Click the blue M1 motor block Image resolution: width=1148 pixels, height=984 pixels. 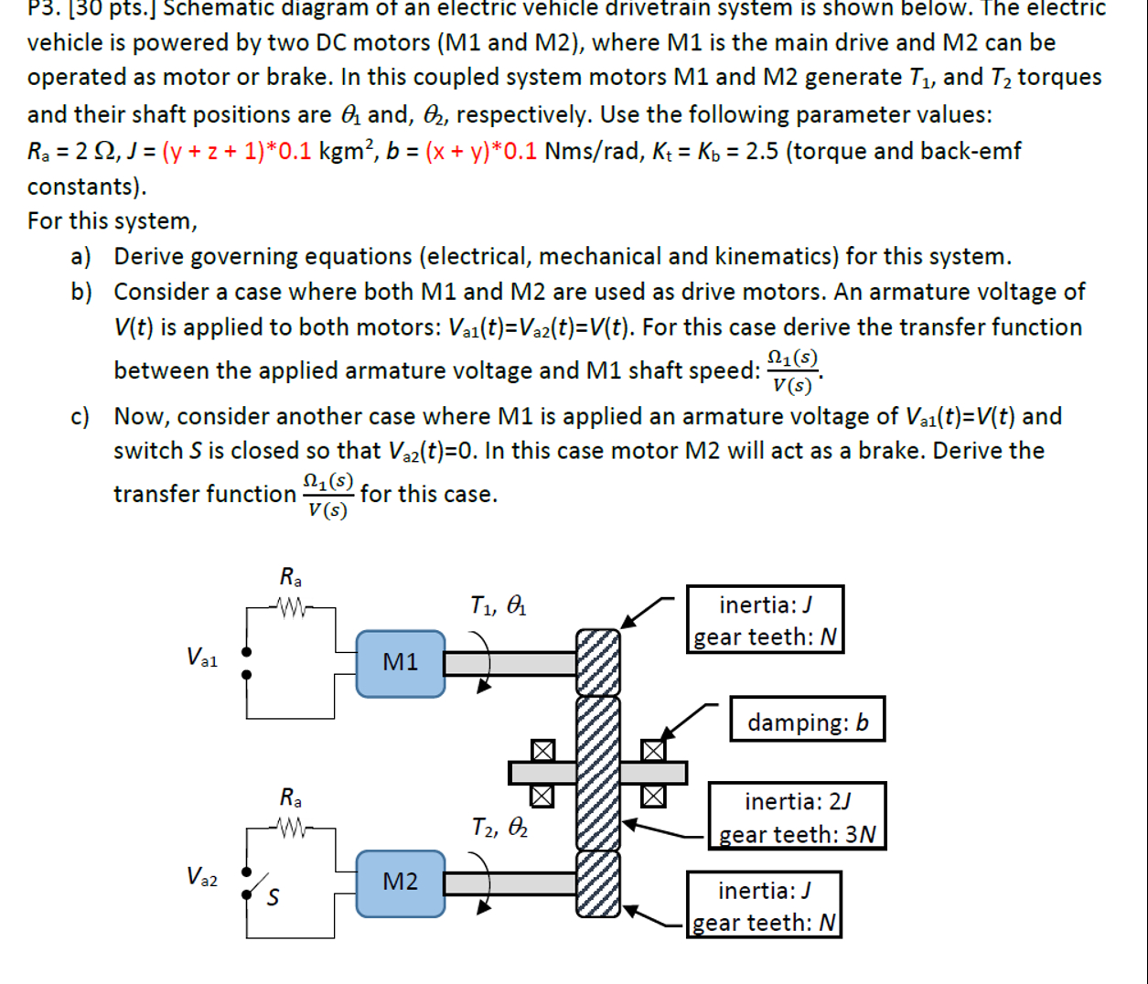click(x=401, y=663)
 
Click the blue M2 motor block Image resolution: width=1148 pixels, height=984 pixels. click(x=401, y=882)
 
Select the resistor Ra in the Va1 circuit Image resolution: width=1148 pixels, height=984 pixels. click(x=290, y=605)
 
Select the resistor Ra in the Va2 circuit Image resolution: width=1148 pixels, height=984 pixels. click(x=290, y=828)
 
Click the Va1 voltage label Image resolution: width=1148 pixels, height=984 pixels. click(x=202, y=658)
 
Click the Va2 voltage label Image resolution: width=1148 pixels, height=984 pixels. click(x=202, y=877)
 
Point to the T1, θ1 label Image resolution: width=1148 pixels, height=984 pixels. click(x=499, y=605)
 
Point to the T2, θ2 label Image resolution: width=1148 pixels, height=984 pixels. click(x=499, y=828)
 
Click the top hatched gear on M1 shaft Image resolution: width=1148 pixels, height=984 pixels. click(x=597, y=662)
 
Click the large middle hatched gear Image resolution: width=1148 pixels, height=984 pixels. click(x=597, y=773)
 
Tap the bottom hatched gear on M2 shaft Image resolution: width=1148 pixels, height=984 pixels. click(x=597, y=883)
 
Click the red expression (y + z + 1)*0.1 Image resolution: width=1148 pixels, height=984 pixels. click(x=237, y=151)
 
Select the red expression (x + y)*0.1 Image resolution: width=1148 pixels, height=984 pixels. click(x=481, y=151)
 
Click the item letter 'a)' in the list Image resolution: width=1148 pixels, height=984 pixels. click(x=81, y=257)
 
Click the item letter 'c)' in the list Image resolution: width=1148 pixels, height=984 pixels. click(x=81, y=417)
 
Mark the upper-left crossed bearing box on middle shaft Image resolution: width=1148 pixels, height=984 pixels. click(x=543, y=751)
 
